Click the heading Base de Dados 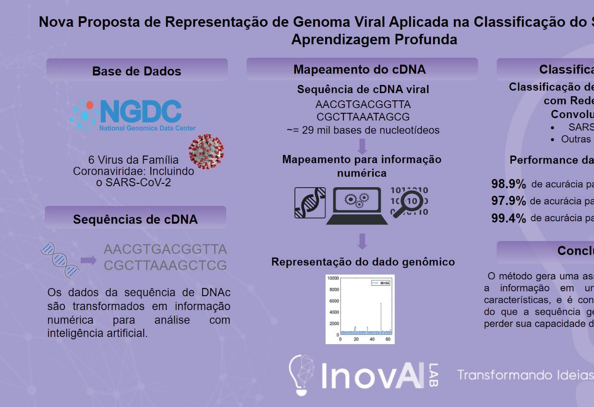point(137,71)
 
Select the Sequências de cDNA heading point(135,219)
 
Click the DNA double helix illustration point(60,260)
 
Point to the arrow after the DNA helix point(88,260)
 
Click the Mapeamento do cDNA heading point(360,70)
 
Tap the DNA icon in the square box point(310,203)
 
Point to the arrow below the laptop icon point(363,241)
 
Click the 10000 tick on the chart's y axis point(333,278)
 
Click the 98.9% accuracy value point(509,184)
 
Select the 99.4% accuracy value point(509,218)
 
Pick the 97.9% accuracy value point(509,201)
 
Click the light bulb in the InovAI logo point(301,374)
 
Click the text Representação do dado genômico point(363,262)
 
